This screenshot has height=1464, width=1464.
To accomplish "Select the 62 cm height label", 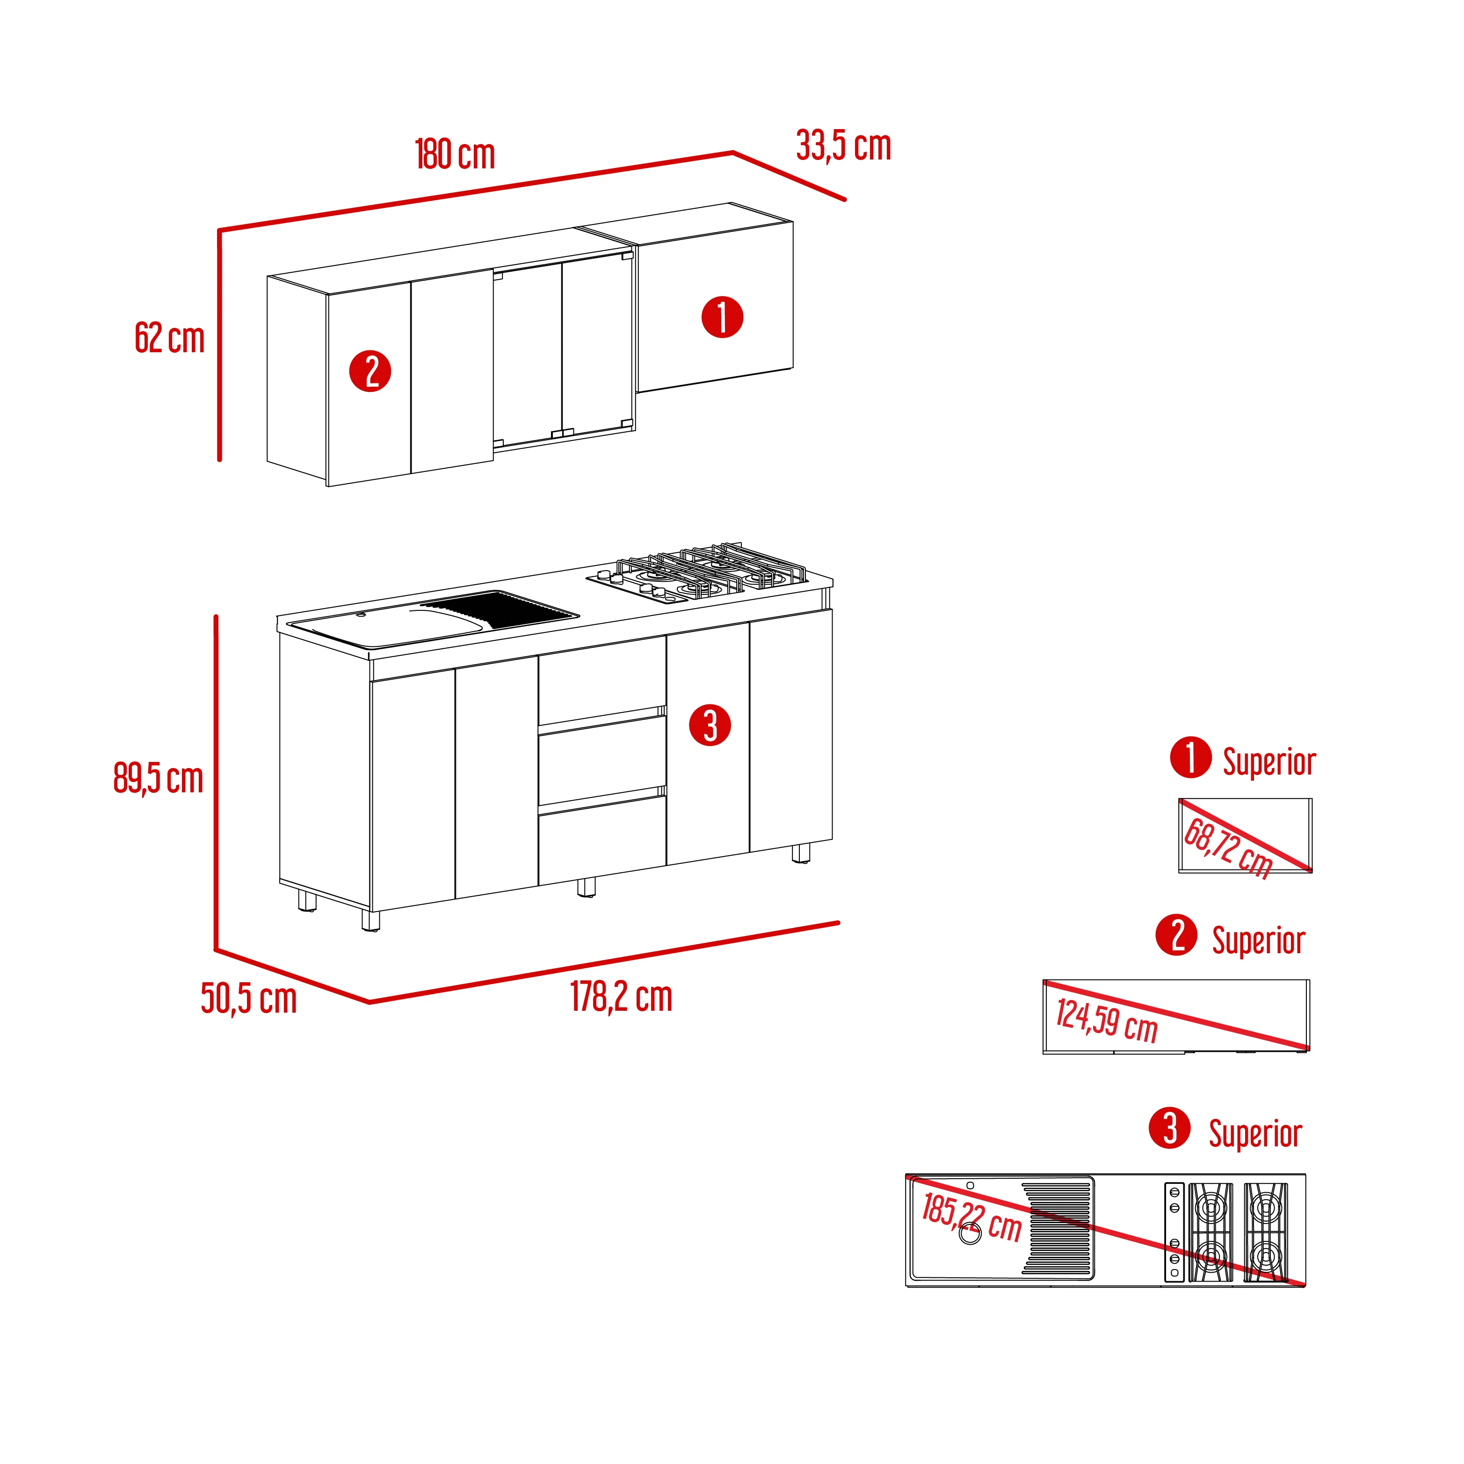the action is [x=170, y=338].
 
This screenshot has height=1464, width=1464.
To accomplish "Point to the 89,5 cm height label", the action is [x=159, y=778].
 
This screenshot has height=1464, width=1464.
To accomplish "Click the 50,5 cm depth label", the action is [x=248, y=998].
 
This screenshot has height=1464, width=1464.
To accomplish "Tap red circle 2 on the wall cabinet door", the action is [x=370, y=371].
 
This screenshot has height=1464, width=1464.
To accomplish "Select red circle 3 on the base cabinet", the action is [x=710, y=725].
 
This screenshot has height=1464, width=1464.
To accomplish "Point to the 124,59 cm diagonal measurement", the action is [x=1106, y=1021].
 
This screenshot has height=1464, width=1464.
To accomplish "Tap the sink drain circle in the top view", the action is [x=970, y=1233].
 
